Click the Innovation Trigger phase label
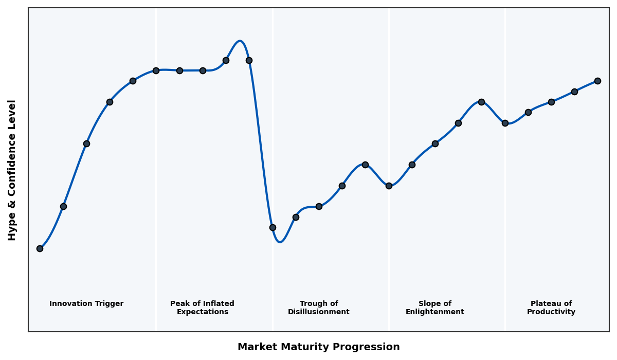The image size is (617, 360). [x=86, y=304]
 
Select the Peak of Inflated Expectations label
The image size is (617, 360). [x=202, y=308]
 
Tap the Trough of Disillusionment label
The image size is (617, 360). [x=319, y=308]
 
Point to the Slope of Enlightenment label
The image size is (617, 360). [x=435, y=308]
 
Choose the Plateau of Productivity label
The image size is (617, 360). [x=551, y=308]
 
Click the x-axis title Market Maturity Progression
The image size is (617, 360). [x=319, y=347]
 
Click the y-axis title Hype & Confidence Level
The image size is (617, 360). [x=12, y=170]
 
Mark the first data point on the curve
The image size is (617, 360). [x=40, y=248]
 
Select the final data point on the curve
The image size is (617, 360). [x=597, y=81]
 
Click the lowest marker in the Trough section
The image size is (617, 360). [x=273, y=227]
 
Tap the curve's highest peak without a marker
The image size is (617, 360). [x=240, y=41]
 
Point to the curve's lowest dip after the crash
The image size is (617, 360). [x=280, y=242]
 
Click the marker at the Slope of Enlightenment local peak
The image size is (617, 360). [x=481, y=102]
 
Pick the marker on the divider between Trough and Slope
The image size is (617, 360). [x=389, y=186]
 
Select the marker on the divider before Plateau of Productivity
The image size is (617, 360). [x=505, y=123]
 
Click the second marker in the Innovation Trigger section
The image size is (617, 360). [x=63, y=206]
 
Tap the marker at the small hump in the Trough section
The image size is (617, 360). [x=365, y=165]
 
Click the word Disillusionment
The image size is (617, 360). [x=319, y=312]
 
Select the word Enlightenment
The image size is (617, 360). [x=435, y=312]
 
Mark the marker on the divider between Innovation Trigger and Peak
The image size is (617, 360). [x=156, y=70]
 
